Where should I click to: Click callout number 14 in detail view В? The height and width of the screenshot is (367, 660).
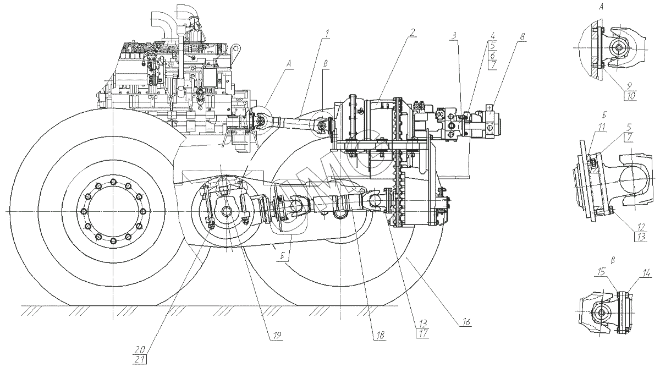pos(647,272)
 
